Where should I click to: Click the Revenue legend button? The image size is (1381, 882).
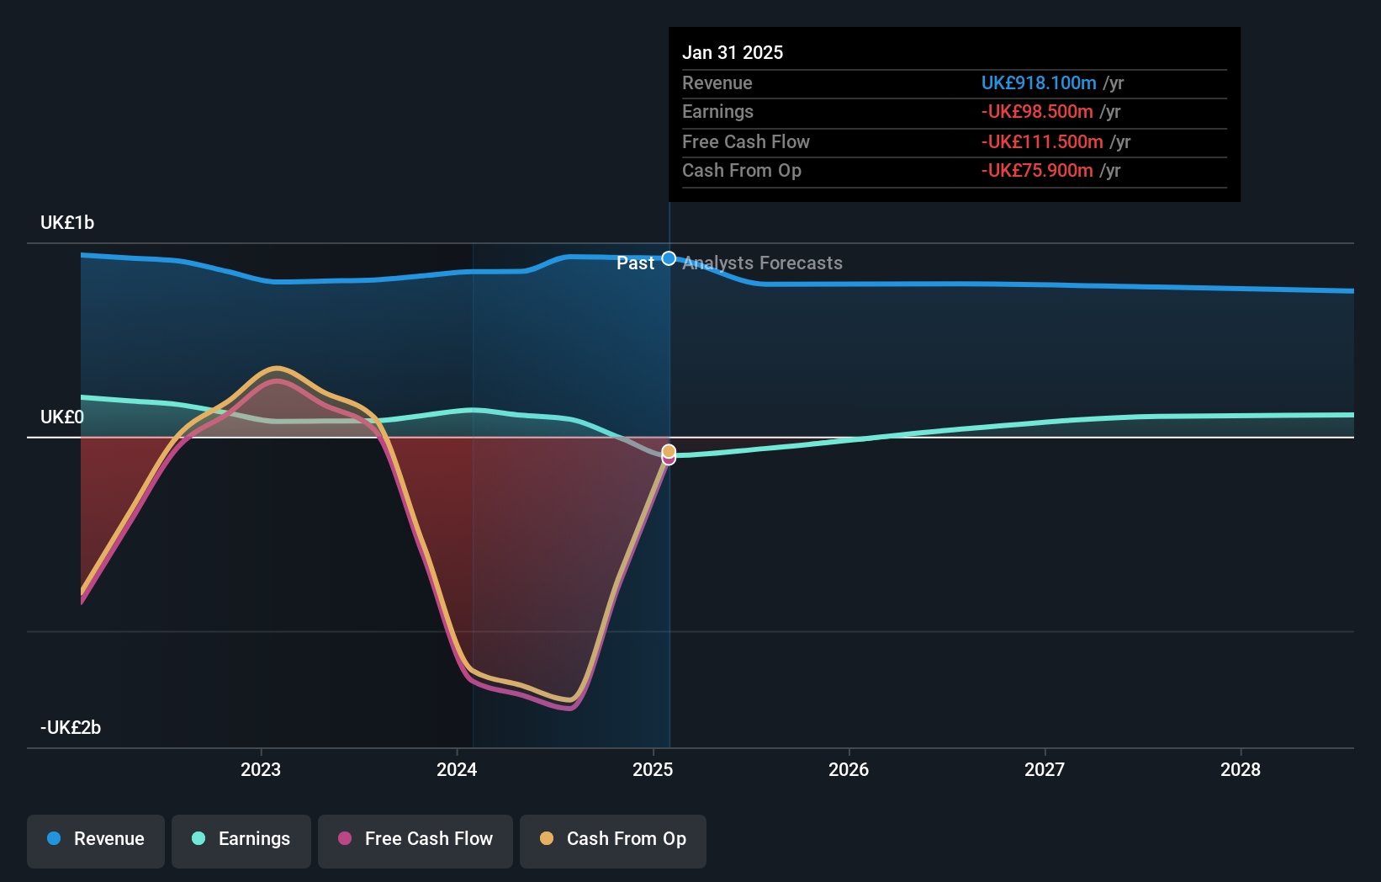pyautogui.click(x=96, y=839)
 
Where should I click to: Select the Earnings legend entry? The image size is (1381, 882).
pyautogui.click(x=241, y=839)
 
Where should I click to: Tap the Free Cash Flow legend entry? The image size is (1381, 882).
pyautogui.click(x=415, y=839)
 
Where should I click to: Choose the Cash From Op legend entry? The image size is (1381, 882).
pyautogui.click(x=613, y=839)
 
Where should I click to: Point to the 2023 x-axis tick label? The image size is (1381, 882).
pyautogui.click(x=261, y=769)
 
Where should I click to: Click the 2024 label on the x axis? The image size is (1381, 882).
pyautogui.click(x=457, y=769)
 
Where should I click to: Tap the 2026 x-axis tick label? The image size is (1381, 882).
pyautogui.click(x=849, y=769)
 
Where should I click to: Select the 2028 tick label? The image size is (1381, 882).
pyautogui.click(x=1241, y=769)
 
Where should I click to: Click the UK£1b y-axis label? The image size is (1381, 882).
pyautogui.click(x=67, y=223)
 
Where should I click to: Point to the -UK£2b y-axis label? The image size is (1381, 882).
pyautogui.click(x=71, y=728)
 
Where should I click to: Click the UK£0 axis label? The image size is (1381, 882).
pyautogui.click(x=62, y=417)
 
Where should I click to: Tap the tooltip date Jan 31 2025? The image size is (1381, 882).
pyautogui.click(x=733, y=53)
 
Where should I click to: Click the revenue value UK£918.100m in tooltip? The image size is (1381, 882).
pyautogui.click(x=1039, y=83)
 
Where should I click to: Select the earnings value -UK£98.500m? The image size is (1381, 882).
pyautogui.click(x=1037, y=112)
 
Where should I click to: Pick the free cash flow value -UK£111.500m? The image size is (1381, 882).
pyautogui.click(x=1042, y=142)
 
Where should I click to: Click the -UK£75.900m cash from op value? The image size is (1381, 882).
pyautogui.click(x=1037, y=171)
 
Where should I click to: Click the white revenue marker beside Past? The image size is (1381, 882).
pyautogui.click(x=669, y=258)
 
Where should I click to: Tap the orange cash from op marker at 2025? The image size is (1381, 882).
pyautogui.click(x=669, y=451)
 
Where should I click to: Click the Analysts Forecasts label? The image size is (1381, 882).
pyautogui.click(x=762, y=263)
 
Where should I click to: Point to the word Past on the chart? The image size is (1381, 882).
pyautogui.click(x=635, y=263)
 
